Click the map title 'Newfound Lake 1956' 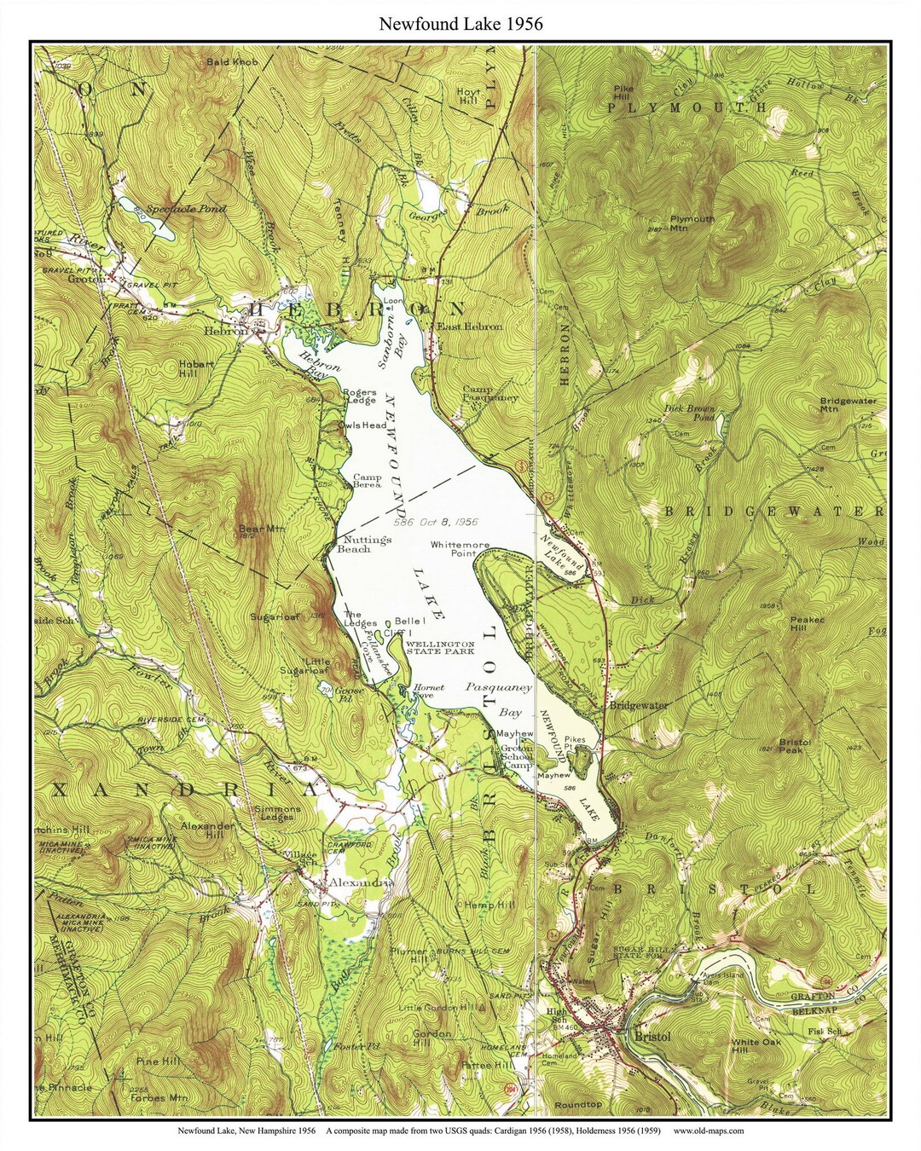460,25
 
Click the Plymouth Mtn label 692,223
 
